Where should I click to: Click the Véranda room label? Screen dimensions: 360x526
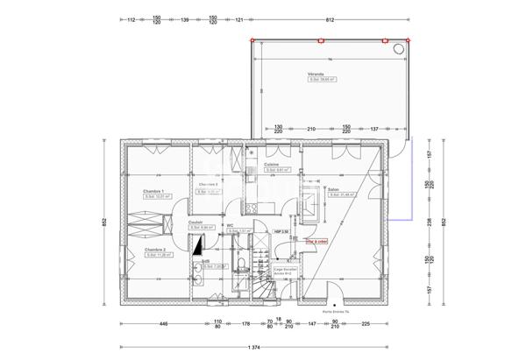click(316, 74)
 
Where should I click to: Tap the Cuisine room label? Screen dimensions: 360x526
click(272, 164)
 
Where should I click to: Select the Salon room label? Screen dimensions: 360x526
click(334, 189)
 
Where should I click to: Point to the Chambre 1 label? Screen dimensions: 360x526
click(153, 191)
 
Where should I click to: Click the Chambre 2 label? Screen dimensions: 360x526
click(155, 250)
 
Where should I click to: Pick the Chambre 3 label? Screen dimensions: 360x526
click(208, 184)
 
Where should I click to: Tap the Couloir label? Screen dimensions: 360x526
click(195, 222)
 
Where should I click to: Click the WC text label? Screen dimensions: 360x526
click(230, 225)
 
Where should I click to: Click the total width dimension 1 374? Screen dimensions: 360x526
click(254, 348)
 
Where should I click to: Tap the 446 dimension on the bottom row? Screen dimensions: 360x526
click(163, 323)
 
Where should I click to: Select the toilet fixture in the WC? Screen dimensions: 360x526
click(238, 265)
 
